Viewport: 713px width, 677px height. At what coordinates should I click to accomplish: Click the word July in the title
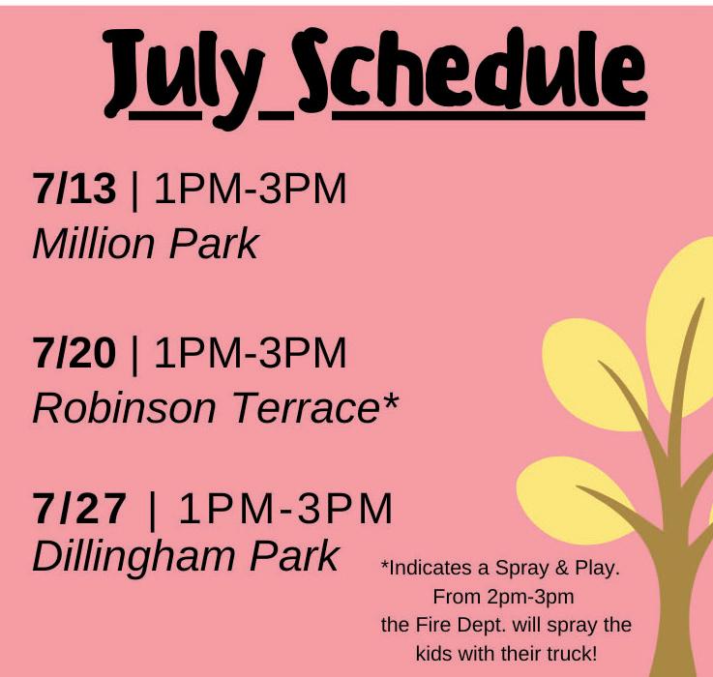[x=184, y=77]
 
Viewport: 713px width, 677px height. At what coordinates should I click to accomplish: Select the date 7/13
[x=74, y=189]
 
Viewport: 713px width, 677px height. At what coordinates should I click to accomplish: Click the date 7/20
[x=74, y=352]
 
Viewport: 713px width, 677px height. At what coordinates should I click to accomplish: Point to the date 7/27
[x=79, y=509]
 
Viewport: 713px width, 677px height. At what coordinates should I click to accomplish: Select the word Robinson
[x=124, y=408]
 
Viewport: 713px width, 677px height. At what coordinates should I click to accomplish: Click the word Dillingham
[x=133, y=557]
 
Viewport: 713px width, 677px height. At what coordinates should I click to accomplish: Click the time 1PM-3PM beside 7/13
[x=251, y=189]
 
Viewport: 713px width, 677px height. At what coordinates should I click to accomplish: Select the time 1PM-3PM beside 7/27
[x=285, y=509]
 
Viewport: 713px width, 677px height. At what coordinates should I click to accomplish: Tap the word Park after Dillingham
[x=294, y=555]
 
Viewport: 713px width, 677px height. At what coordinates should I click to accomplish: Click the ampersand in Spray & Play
[x=561, y=568]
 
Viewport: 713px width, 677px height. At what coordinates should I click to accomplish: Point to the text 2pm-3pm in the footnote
[x=530, y=597]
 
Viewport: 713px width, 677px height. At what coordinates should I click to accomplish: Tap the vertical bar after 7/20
[x=134, y=355]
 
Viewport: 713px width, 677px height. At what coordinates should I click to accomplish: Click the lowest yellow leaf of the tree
[x=576, y=500]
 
